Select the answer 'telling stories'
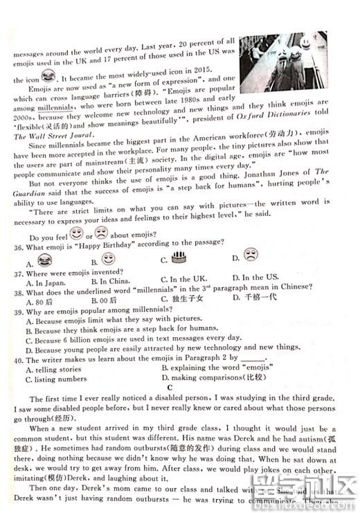tap(58, 369)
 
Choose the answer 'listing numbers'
tap(61, 379)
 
